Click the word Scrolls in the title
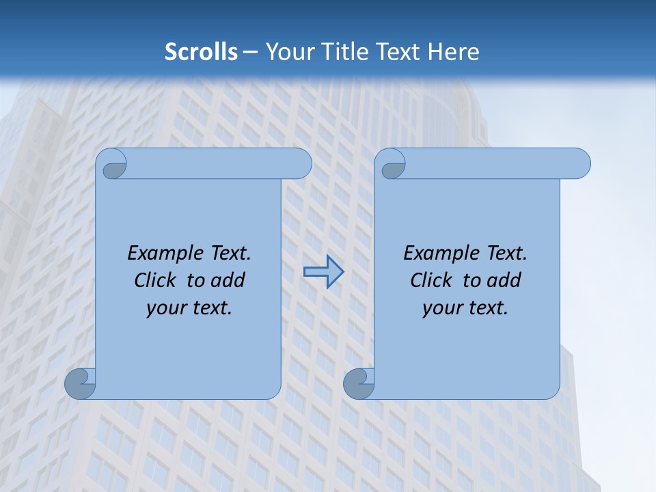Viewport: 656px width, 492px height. pos(201,52)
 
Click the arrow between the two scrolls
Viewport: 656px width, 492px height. pos(323,271)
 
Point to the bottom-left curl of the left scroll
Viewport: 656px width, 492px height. pos(80,383)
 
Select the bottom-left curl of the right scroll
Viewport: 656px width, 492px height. pos(359,383)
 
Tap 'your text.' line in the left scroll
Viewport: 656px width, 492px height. pos(189,308)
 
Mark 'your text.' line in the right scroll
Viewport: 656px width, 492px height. pos(465,308)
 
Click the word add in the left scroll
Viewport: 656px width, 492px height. pos(228,280)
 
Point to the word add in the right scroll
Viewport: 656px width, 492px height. pos(504,280)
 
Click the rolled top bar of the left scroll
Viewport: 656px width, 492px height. pos(219,164)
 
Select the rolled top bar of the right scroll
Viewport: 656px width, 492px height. pos(497,164)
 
